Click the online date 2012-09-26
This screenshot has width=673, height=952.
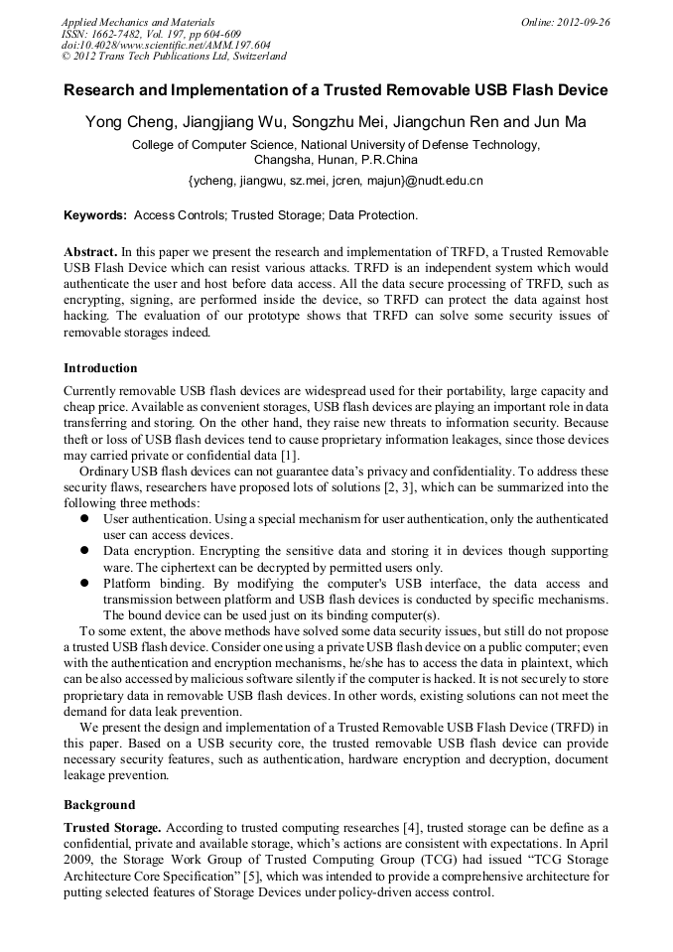click(585, 22)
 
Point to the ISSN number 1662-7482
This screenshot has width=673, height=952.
click(116, 34)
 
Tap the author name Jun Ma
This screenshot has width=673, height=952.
click(558, 122)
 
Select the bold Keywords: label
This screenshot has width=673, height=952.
click(95, 214)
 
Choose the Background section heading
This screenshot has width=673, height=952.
click(99, 804)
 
